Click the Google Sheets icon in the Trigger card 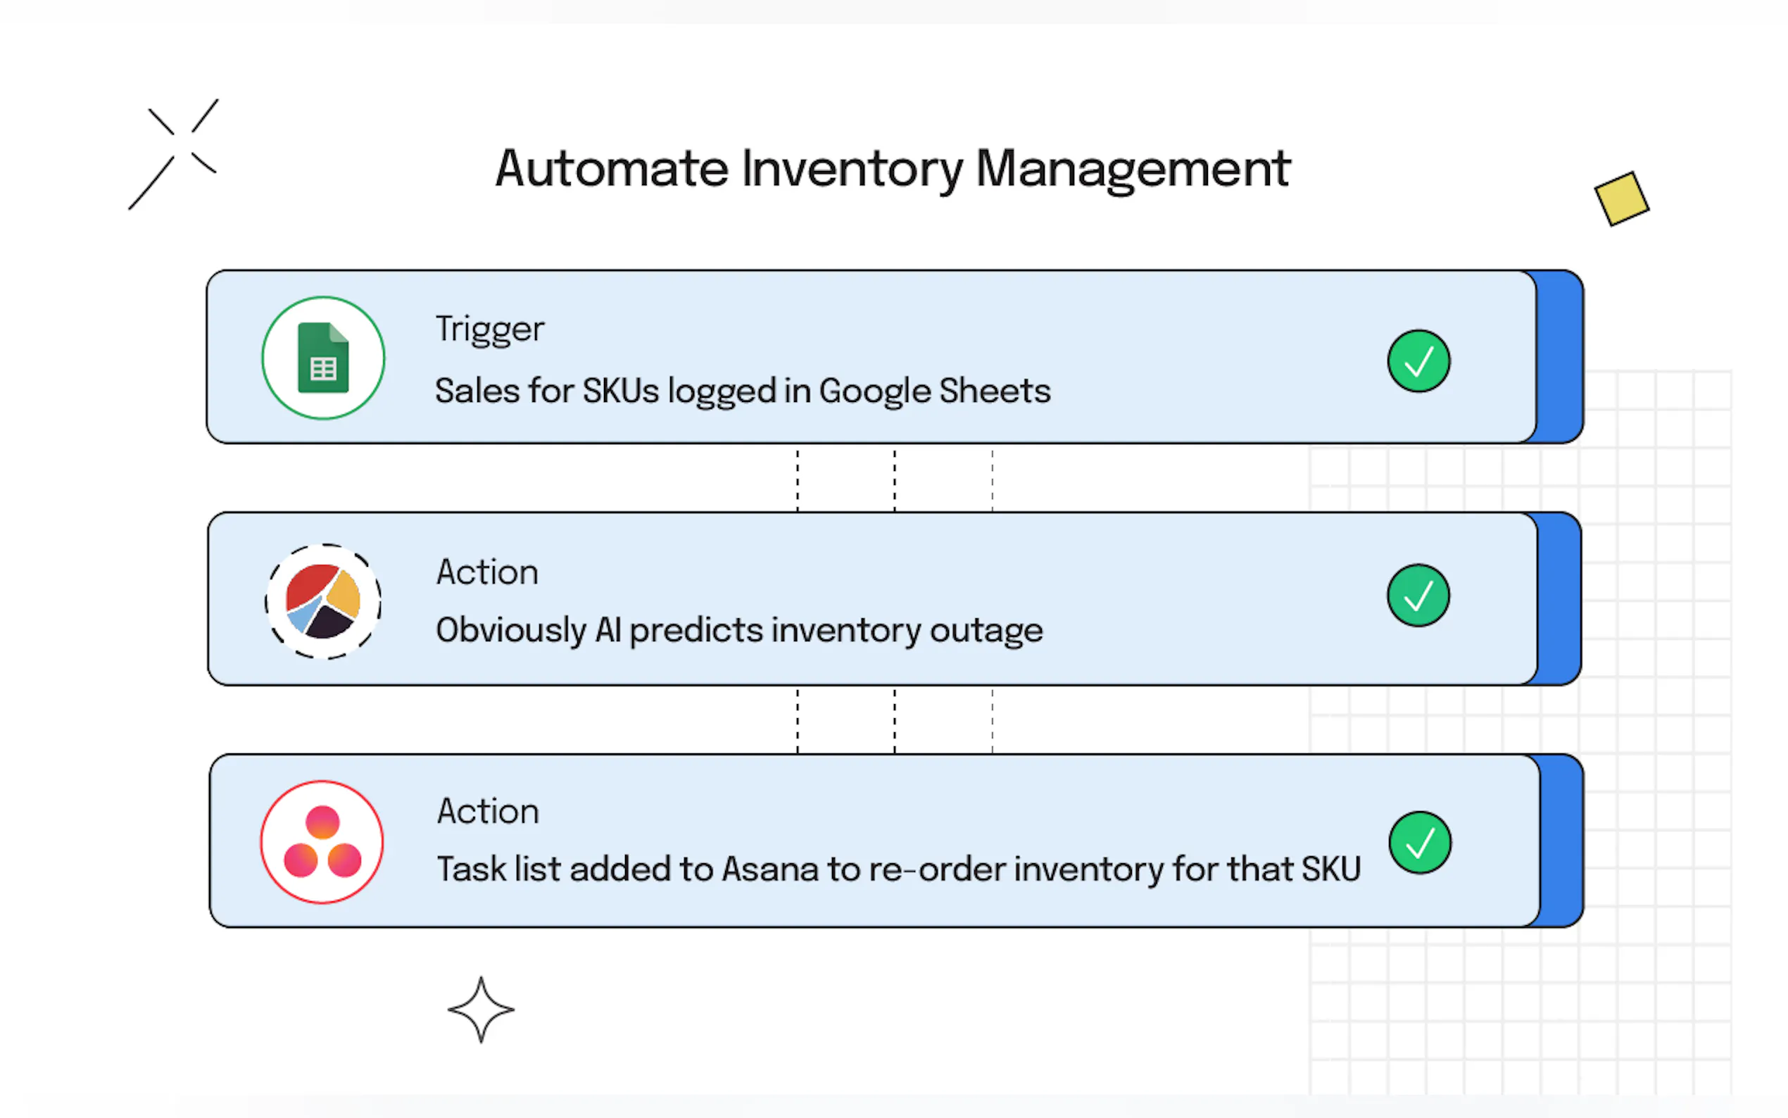coord(323,358)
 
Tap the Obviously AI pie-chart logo coord(323,601)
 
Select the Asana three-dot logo coord(322,841)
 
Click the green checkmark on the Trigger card coord(1418,361)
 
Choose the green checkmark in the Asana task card coord(1420,843)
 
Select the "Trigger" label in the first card coord(490,329)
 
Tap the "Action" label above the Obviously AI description coord(487,572)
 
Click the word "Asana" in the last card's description coord(770,869)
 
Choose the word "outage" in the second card coord(986,631)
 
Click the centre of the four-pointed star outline coord(481,1010)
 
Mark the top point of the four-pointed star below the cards coord(481,976)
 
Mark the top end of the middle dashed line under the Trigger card coord(895,451)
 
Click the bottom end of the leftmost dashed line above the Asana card coord(798,752)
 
